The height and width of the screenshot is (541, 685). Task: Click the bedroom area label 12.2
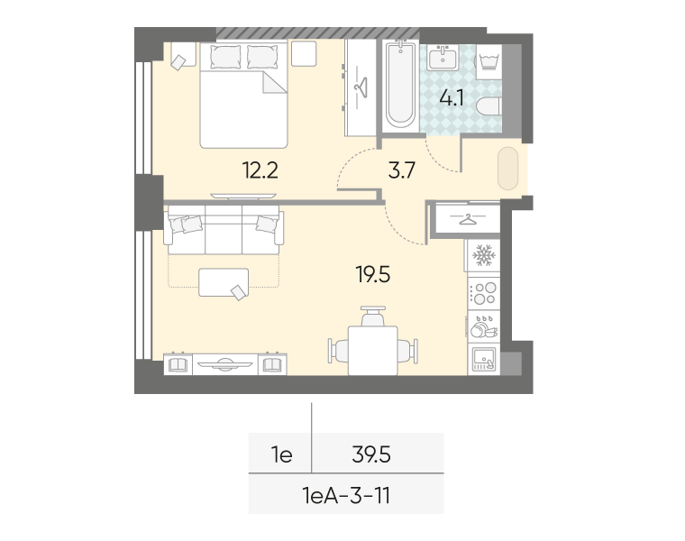point(260,170)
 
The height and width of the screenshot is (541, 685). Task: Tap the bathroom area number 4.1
point(452,98)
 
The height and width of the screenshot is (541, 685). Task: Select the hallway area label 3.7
point(401,170)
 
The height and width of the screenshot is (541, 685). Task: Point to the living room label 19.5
point(372,275)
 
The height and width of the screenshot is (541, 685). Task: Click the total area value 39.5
point(371,455)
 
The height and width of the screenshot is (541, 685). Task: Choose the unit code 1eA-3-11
point(346,496)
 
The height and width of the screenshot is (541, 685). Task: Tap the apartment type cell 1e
point(281,455)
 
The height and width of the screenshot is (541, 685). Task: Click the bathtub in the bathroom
point(400,85)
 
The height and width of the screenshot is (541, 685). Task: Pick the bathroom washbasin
point(443,58)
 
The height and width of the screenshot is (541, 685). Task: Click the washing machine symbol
point(489,61)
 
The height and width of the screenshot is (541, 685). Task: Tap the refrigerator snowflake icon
point(484,255)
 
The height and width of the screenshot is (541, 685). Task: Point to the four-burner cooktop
point(484,293)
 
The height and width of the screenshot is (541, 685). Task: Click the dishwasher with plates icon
point(484,326)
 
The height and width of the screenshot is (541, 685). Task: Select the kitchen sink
point(484,359)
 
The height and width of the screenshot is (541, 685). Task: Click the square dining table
point(372,350)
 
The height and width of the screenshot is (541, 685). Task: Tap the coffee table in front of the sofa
point(224,282)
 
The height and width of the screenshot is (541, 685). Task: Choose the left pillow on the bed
point(225,57)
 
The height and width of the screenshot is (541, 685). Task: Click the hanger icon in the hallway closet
point(468,218)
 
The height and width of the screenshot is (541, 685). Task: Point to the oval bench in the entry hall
point(508,169)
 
